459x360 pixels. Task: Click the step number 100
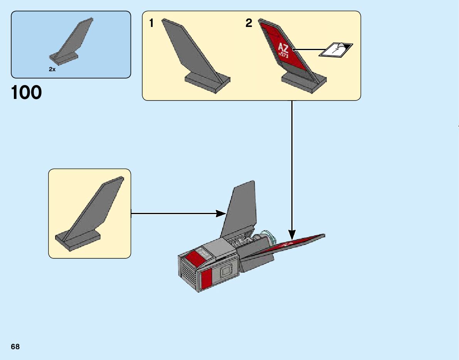26,93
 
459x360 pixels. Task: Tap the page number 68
15,347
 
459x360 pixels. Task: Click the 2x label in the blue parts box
52,69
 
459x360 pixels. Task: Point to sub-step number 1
151,23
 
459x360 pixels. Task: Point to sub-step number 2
249,23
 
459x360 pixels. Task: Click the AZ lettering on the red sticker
283,48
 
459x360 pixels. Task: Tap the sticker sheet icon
336,50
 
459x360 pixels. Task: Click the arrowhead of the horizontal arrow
221,213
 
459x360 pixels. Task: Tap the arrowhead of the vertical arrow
292,234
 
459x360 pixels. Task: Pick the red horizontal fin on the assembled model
293,244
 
